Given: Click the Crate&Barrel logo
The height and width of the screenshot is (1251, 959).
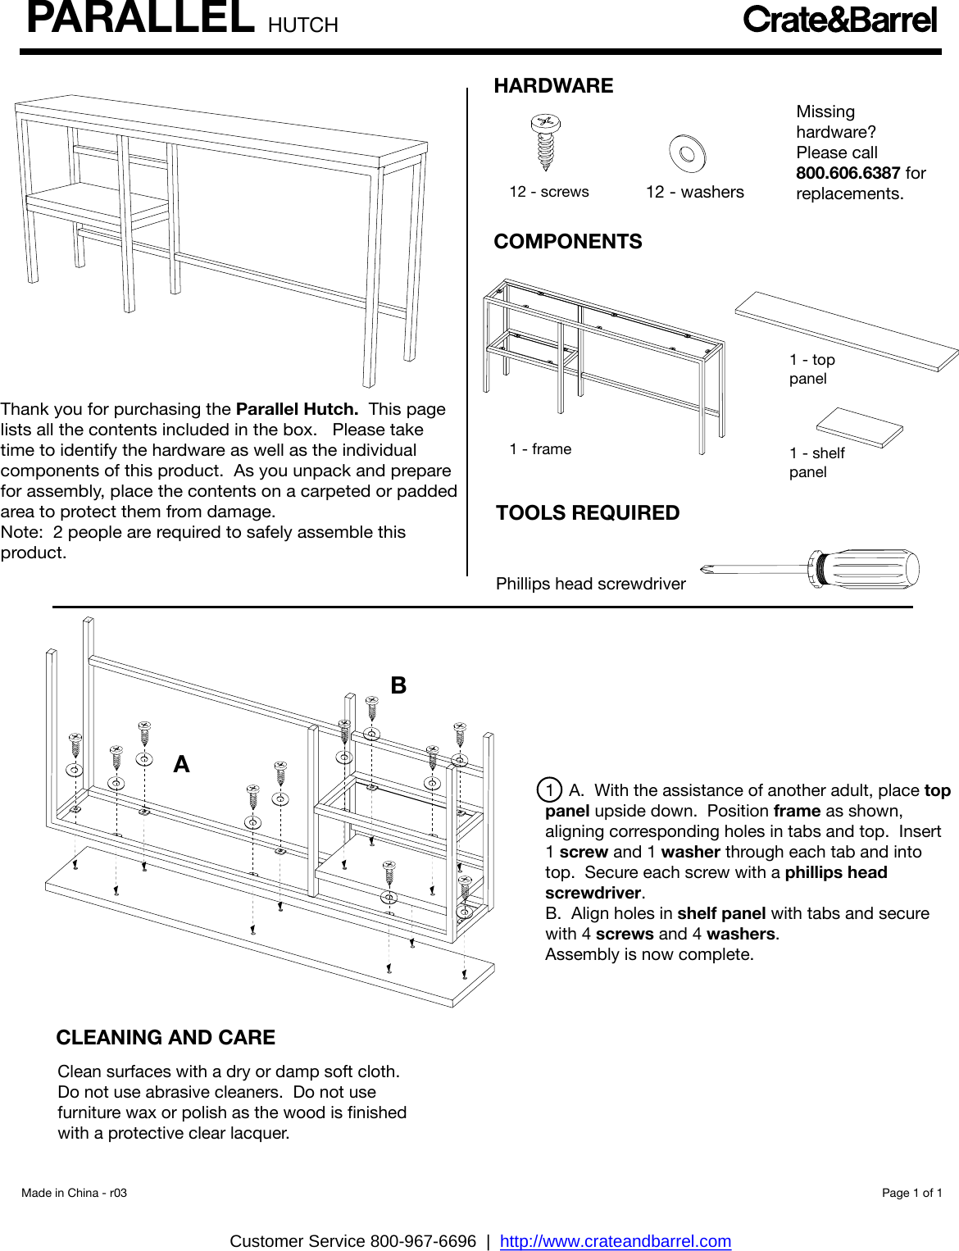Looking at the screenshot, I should click(839, 20).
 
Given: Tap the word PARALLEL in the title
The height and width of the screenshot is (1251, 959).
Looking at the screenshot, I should click(140, 18).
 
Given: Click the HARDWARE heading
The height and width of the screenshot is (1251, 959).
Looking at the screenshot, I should click(553, 86).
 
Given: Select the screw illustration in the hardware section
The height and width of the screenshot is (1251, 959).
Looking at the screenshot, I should click(545, 142).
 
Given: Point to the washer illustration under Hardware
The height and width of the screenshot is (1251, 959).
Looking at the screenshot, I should click(687, 153).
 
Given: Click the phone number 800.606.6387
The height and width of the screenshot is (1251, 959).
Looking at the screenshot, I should click(848, 173).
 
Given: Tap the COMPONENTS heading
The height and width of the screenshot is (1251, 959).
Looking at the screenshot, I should click(568, 242).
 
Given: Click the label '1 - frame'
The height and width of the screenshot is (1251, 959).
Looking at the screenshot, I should click(540, 449).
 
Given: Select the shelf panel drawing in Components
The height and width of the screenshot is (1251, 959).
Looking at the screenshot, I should click(859, 427).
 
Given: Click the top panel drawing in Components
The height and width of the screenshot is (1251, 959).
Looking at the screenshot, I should click(847, 330).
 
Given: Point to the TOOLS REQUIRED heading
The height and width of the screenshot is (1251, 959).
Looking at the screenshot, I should click(588, 513).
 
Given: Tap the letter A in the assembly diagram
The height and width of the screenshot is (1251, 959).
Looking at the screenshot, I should click(181, 765).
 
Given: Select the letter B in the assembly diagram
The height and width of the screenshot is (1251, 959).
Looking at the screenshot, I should click(398, 685).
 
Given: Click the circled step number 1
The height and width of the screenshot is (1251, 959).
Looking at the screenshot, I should click(549, 790).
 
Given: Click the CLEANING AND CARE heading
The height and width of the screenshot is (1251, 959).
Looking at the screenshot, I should click(166, 1038).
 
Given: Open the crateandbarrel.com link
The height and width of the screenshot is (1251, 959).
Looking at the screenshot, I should click(616, 1241).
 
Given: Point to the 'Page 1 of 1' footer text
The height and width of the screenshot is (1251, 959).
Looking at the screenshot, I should click(911, 1193).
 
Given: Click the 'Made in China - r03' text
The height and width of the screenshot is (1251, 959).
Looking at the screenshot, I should click(75, 1193).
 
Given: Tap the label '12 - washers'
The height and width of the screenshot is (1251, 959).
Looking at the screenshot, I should click(695, 193).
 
